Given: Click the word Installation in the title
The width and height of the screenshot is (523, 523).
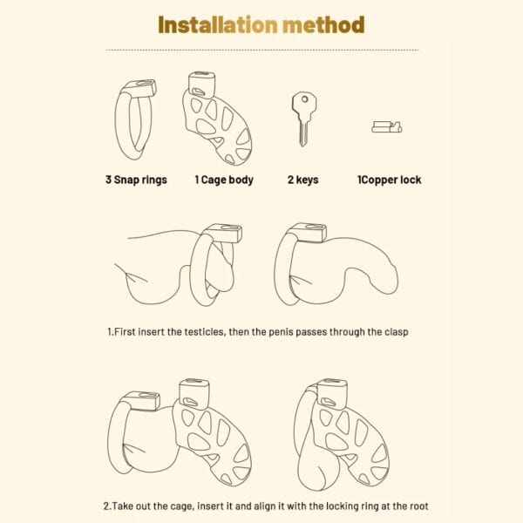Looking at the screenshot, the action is [x=218, y=25].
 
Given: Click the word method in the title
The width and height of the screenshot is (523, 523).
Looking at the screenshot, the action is [x=323, y=25].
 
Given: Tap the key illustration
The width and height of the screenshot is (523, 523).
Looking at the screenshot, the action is [x=303, y=119].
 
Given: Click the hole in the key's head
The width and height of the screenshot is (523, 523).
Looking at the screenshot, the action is [x=304, y=99].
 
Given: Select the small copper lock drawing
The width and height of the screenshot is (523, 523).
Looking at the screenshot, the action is [x=387, y=127].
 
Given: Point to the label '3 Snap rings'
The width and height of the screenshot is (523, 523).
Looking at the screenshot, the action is [x=136, y=180].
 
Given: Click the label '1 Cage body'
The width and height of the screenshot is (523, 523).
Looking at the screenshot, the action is [x=224, y=180].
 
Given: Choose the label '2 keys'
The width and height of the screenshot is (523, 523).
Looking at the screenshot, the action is [x=302, y=180].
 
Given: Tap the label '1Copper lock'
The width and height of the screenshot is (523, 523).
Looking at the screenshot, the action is [x=390, y=180].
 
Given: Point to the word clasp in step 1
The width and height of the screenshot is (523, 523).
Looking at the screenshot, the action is [x=397, y=332].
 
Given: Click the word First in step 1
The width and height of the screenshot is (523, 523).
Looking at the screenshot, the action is [x=125, y=332].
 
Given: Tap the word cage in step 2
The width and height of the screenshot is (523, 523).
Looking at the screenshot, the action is [x=182, y=506].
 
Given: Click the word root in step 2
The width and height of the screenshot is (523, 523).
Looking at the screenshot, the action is [x=419, y=506].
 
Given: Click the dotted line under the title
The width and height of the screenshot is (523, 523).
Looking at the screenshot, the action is [x=262, y=50].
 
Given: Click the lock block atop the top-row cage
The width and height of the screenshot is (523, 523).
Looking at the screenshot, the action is [x=202, y=85].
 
